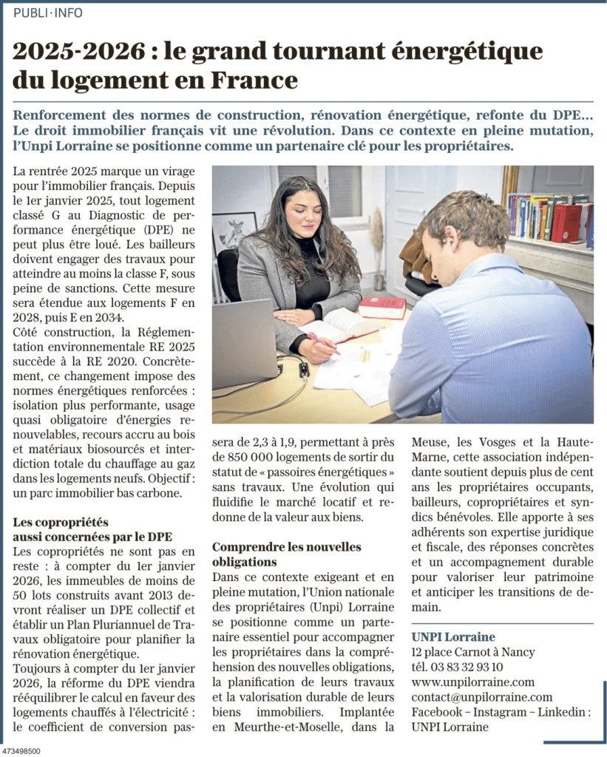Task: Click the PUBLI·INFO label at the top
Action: click(x=48, y=13)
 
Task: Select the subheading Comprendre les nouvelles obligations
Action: click(x=287, y=554)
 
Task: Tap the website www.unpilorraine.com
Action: click(x=472, y=682)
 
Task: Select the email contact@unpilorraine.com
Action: click(x=481, y=697)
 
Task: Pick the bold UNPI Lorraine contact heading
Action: click(x=453, y=637)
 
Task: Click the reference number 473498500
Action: click(x=21, y=750)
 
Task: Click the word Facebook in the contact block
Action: click(x=436, y=712)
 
